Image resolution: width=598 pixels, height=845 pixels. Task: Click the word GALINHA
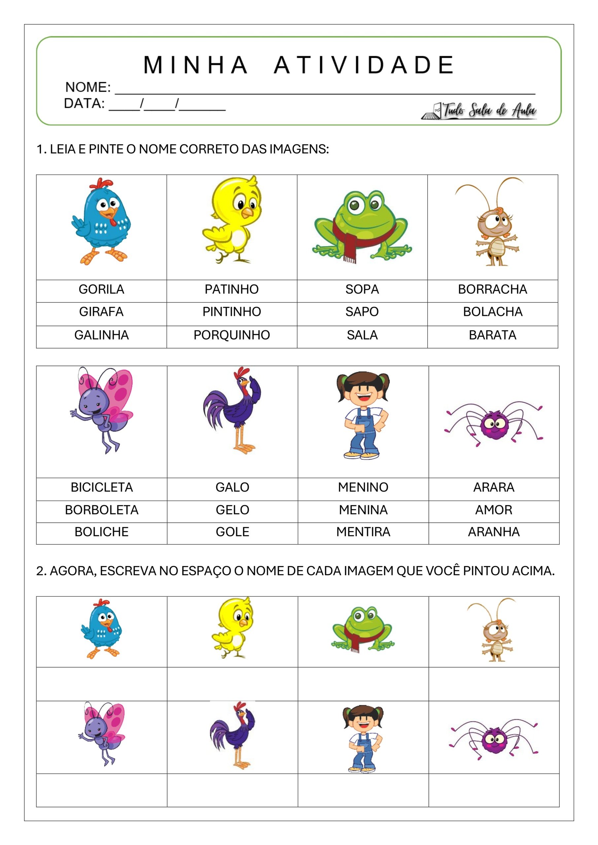(101, 335)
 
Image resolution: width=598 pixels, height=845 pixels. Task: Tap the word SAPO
(362, 312)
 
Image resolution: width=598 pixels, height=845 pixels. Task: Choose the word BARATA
(492, 335)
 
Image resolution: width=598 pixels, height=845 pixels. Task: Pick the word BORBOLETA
(102, 510)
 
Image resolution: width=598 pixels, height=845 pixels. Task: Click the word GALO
(232, 487)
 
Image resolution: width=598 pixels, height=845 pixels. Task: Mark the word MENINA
(363, 510)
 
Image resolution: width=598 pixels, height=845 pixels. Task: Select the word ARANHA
(494, 532)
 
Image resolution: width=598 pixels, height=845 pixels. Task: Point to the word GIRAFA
(101, 312)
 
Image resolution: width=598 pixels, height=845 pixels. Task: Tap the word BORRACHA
(492, 289)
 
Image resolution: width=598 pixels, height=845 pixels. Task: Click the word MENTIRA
(363, 532)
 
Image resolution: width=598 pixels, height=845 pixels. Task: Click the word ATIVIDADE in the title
(364, 65)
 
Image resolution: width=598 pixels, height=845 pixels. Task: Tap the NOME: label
(88, 87)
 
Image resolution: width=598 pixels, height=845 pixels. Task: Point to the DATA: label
(84, 103)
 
